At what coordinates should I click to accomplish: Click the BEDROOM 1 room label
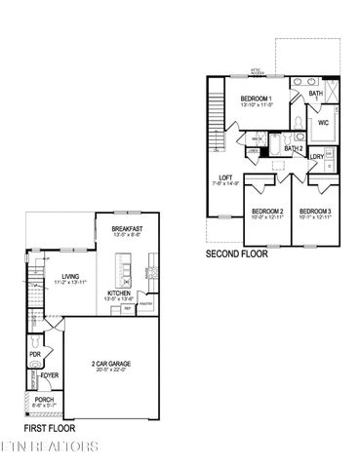click(257, 98)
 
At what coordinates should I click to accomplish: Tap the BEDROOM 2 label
click(266, 212)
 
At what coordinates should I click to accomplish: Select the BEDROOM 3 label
click(314, 212)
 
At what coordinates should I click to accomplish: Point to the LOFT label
click(226, 177)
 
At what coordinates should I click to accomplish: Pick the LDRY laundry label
click(317, 156)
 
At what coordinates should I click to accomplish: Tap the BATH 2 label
click(294, 148)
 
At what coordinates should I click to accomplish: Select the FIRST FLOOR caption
click(50, 427)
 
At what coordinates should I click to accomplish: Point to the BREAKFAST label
click(128, 228)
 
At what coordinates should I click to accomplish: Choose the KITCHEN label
click(120, 292)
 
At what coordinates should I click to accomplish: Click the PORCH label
click(44, 399)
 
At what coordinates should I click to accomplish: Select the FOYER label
click(50, 372)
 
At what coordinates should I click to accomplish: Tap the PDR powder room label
click(35, 355)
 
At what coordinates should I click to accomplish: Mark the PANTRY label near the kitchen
click(143, 304)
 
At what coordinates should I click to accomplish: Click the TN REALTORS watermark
click(49, 447)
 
